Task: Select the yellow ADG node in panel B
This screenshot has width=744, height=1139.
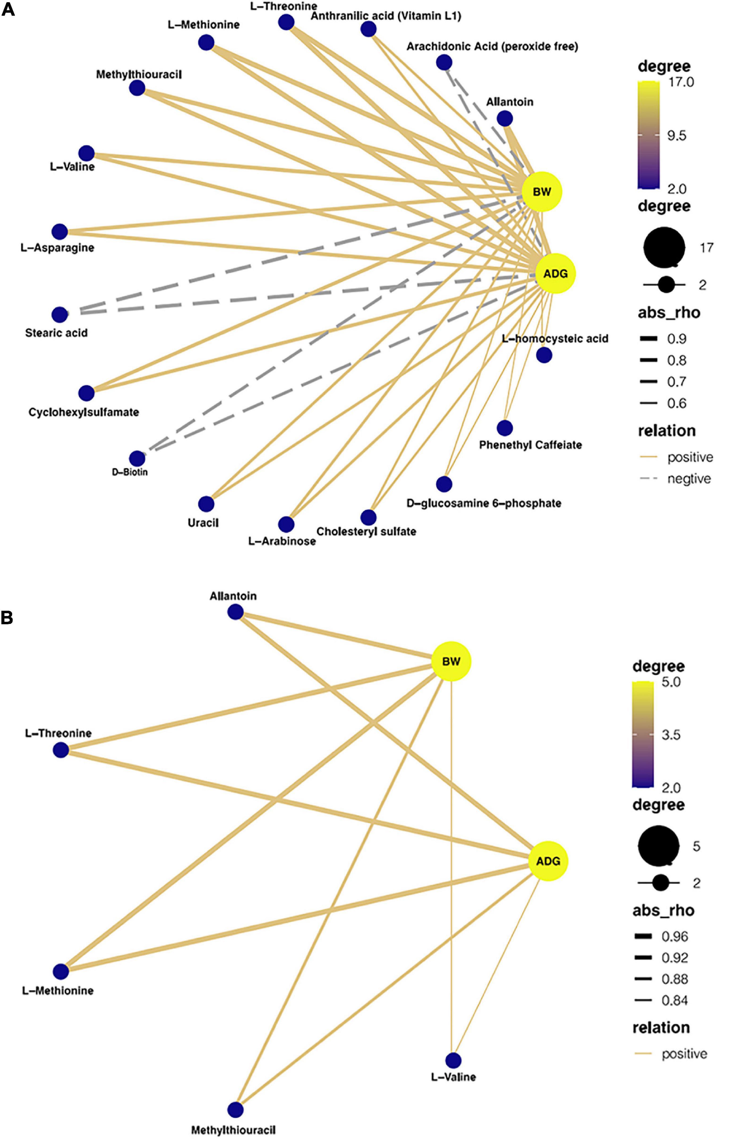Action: tap(548, 861)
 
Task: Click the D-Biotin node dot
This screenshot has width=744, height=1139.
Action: tap(137, 458)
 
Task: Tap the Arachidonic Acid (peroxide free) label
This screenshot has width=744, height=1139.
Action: tap(492, 46)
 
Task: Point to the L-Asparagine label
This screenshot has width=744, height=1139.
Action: tap(57, 248)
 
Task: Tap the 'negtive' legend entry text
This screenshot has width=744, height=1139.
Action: tap(688, 479)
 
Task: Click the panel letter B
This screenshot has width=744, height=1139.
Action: tap(7, 618)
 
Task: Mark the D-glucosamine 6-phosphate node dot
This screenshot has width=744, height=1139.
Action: tap(444, 484)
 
